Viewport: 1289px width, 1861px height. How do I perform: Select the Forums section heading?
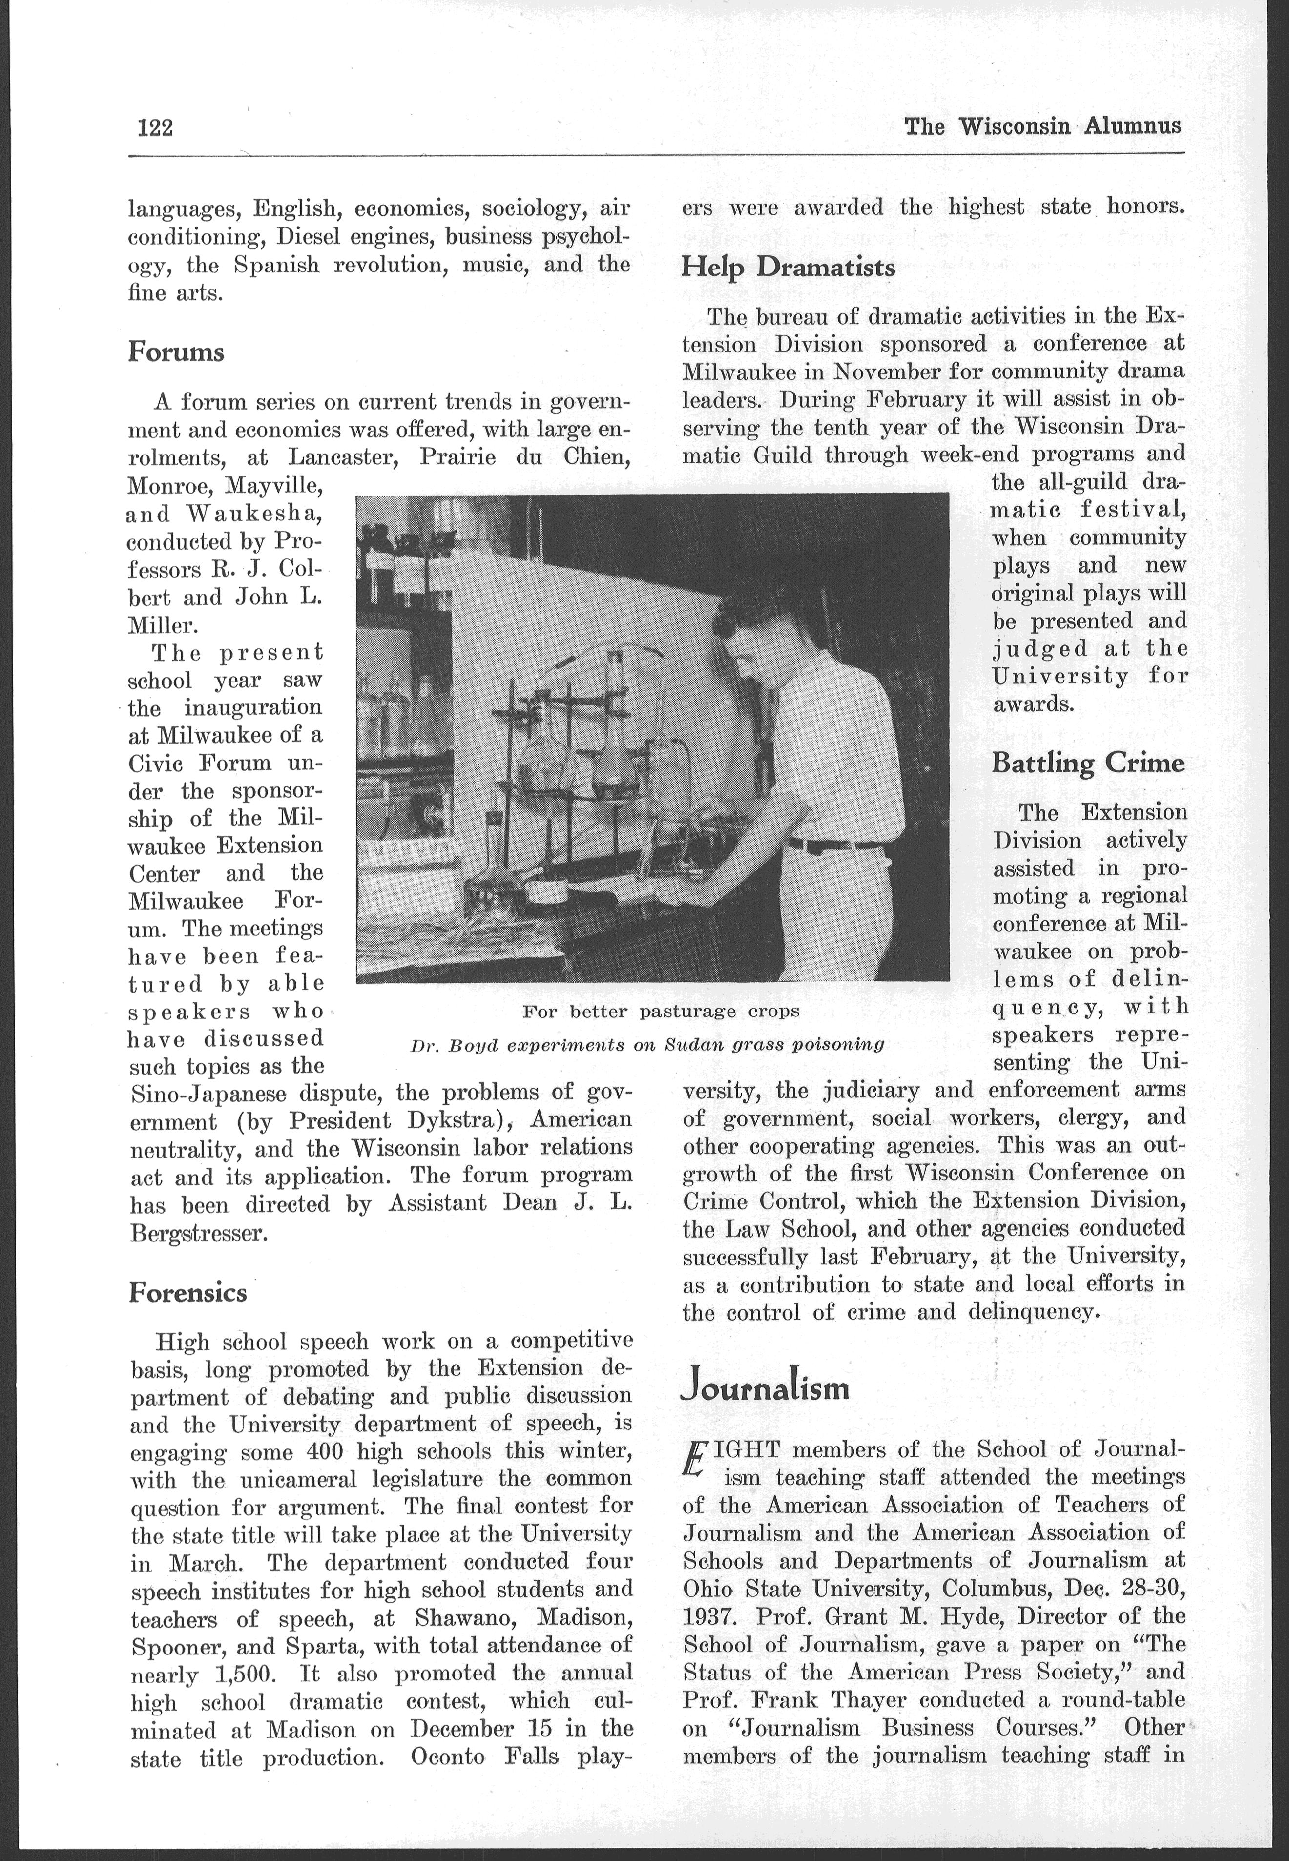(176, 353)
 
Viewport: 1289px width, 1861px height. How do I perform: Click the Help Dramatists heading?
(788, 267)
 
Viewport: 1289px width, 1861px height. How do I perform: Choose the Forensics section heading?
(187, 1293)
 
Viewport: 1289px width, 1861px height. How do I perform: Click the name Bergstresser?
(198, 1235)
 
